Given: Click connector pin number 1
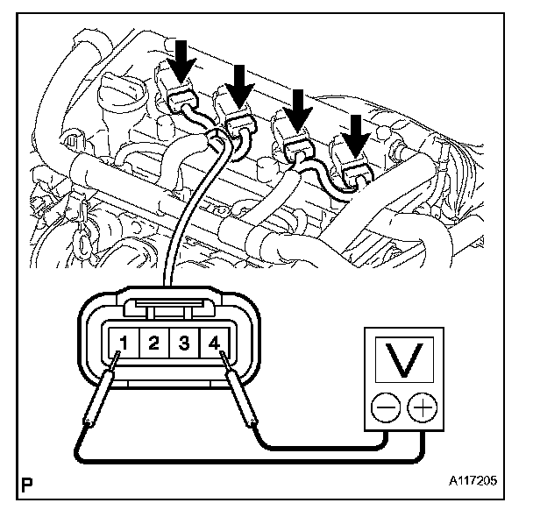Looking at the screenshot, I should (125, 343).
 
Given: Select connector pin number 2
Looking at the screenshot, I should (153, 343).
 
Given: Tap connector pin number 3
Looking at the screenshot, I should (183, 343).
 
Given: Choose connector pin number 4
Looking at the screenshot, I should (213, 343).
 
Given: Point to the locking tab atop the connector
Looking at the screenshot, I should (166, 307).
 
